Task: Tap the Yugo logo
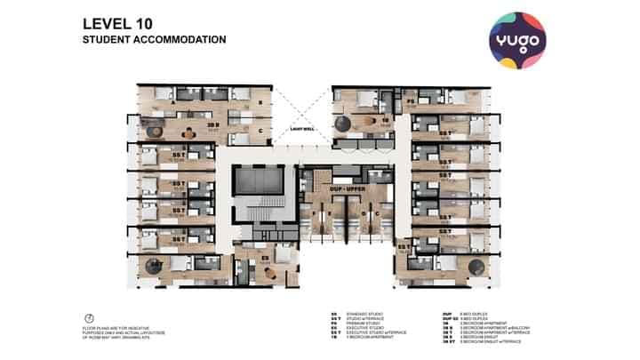pyautogui.click(x=516, y=40)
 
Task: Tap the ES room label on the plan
pyautogui.click(x=266, y=257)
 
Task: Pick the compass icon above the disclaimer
pyautogui.click(x=89, y=319)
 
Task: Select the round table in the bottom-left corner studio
pyautogui.click(x=155, y=265)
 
